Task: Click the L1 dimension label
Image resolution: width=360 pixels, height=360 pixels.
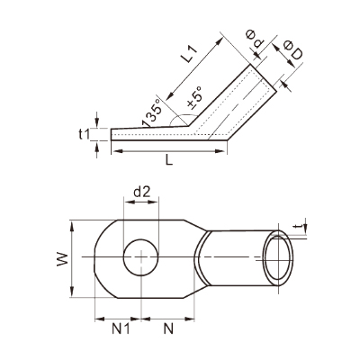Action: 191,54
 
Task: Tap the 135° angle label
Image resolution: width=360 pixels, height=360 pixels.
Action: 152,114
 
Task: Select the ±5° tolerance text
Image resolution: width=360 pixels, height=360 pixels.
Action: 194,96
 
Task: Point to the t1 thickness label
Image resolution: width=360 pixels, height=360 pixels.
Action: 85,135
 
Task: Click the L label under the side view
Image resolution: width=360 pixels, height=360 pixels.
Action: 169,160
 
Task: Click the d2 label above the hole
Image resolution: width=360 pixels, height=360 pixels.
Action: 141,192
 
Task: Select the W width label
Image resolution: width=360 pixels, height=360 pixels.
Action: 62,259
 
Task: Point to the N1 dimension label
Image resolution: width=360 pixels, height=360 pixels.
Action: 121,329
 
